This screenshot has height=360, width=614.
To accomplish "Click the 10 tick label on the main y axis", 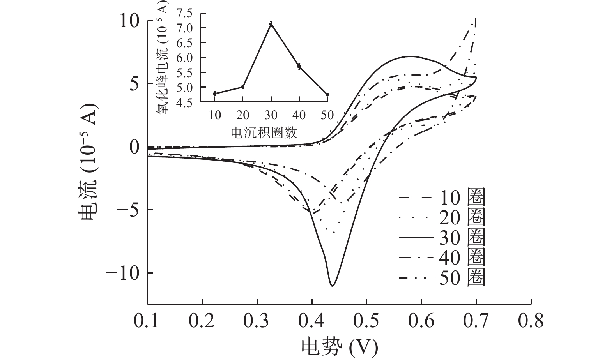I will point(129,21).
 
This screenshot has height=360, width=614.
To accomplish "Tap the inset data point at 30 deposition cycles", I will point(271,24).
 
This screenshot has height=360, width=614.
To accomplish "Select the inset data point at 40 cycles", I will point(299,66).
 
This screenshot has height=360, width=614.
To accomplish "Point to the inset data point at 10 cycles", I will point(215,94).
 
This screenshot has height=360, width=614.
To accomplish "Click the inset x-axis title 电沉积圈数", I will point(264,132).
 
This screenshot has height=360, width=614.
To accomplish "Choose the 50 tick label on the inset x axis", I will point(327,115).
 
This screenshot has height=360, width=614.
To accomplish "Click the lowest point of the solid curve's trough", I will point(332,286).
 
